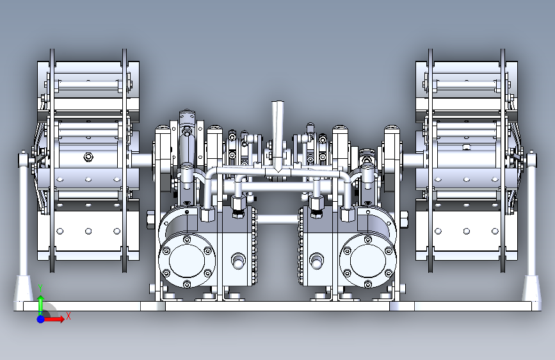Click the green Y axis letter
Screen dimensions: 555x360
click(x=41, y=288)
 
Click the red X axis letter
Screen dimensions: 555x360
click(x=68, y=316)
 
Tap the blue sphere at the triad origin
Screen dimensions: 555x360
click(x=41, y=319)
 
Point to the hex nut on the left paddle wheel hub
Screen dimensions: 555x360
click(x=88, y=156)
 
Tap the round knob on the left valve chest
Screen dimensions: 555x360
click(x=238, y=261)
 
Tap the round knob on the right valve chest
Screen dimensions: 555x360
click(x=316, y=261)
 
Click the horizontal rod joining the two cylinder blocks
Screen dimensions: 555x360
click(x=278, y=219)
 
